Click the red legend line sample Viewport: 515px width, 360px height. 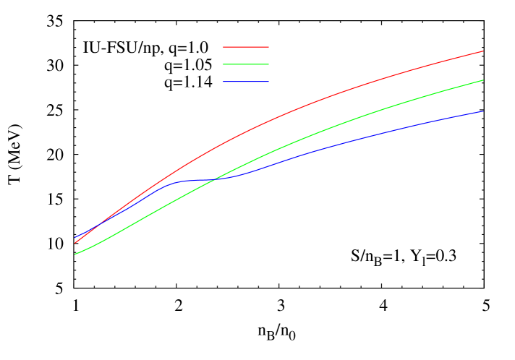pyautogui.click(x=246, y=47)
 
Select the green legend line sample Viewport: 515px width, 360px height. pyautogui.click(x=246, y=64)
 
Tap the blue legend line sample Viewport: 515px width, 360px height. pyautogui.click(x=246, y=82)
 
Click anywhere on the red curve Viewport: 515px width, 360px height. pyautogui.click(x=289, y=112)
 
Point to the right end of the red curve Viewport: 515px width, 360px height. pyautogui.click(x=482, y=51)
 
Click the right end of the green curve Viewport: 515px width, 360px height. pyautogui.click(x=482, y=80)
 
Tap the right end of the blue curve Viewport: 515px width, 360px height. pyautogui.click(x=482, y=111)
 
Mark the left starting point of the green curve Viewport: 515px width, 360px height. pyautogui.click(x=75, y=254)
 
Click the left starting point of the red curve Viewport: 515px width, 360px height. pyautogui.click(x=75, y=243)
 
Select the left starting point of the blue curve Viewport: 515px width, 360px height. pyautogui.click(x=75, y=238)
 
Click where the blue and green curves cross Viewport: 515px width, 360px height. pyautogui.click(x=216, y=179)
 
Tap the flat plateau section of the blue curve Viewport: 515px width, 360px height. pyautogui.click(x=199, y=179)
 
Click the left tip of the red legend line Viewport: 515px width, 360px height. pyautogui.click(x=224, y=47)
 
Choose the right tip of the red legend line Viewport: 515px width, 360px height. pyautogui.click(x=268, y=47)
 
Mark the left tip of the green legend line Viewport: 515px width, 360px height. pyautogui.click(x=224, y=64)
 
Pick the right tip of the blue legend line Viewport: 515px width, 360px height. pyautogui.click(x=268, y=82)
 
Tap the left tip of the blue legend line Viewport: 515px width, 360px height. pyautogui.click(x=224, y=82)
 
